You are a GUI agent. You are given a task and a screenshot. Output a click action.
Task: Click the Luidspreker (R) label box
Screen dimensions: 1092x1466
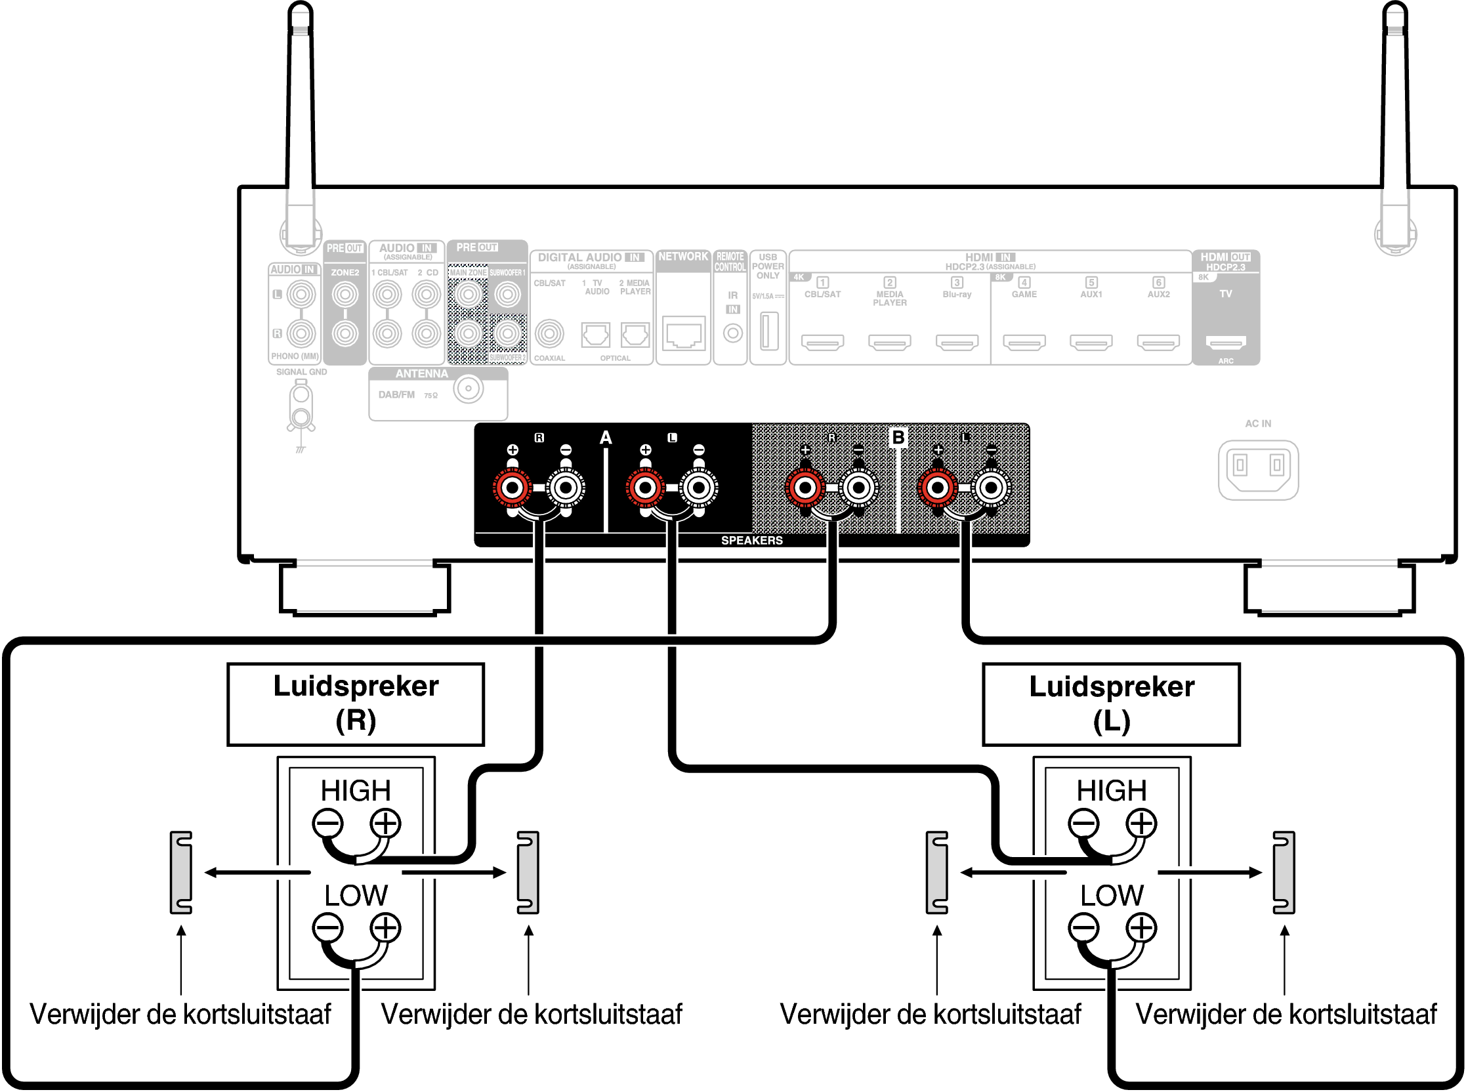point(356,705)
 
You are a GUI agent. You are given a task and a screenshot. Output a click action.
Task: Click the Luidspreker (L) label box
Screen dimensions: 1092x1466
point(1111,705)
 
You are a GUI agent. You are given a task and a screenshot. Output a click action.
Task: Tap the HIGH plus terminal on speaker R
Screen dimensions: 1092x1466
point(385,824)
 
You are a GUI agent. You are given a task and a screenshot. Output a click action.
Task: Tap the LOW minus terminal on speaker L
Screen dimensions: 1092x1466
point(1083,928)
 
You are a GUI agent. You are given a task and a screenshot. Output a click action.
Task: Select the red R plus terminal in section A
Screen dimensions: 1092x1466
point(513,488)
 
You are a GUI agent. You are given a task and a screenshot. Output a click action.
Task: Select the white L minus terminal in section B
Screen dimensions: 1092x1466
point(991,488)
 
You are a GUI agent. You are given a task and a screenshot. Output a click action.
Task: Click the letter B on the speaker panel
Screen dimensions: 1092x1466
point(898,438)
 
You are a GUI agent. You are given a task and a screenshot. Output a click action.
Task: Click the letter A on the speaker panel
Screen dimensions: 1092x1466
point(606,438)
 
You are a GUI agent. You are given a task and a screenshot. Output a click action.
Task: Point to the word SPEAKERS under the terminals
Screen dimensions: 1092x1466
point(751,541)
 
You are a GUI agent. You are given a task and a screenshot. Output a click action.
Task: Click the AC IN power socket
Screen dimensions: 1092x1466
point(1258,469)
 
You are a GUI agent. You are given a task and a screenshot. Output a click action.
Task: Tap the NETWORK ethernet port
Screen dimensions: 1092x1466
point(683,335)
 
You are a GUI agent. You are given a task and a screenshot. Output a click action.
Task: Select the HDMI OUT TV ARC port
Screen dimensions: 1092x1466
point(1225,343)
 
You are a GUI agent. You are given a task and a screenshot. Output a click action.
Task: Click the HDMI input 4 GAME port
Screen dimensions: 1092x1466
point(1024,343)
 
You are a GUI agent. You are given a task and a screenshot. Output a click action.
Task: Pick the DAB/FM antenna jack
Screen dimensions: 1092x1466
point(469,388)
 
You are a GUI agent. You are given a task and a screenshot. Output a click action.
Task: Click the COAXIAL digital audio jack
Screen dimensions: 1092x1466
point(549,335)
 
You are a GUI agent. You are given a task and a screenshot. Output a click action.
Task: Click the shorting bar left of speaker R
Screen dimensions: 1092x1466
point(181,873)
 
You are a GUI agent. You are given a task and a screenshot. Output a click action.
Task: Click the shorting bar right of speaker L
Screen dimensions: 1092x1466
point(1284,873)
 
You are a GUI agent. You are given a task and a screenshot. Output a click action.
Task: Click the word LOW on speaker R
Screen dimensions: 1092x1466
point(356,896)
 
